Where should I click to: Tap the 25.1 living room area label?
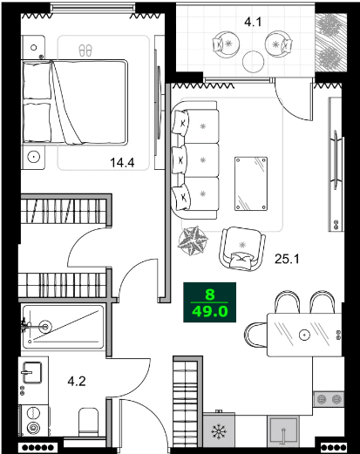(287, 259)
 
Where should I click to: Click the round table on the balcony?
(254, 60)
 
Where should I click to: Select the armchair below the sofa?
(241, 247)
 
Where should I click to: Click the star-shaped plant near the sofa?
(193, 239)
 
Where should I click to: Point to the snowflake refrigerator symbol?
(218, 433)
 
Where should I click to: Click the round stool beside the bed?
(34, 158)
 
